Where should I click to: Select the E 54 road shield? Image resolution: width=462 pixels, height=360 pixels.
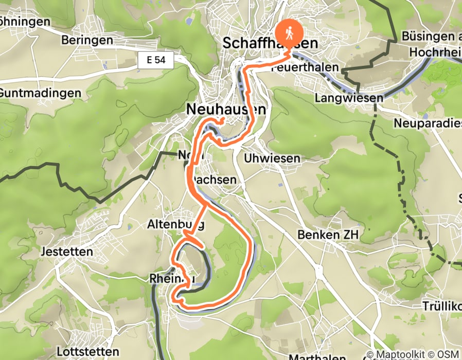coord(155,61)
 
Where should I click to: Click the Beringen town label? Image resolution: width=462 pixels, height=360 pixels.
coord(86,40)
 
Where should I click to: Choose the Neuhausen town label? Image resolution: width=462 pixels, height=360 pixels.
coord(227,110)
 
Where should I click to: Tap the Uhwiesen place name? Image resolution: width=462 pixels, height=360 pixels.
coord(272,158)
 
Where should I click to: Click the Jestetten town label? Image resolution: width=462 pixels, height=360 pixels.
coord(68,252)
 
